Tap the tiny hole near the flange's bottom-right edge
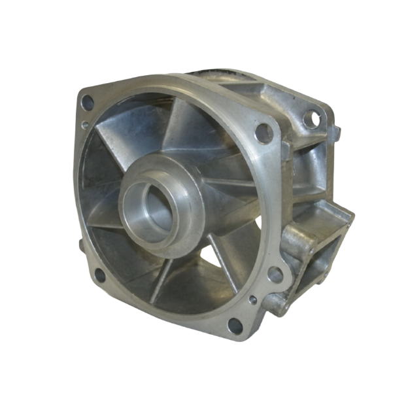tap(252, 301)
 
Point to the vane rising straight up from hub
tap(178, 131)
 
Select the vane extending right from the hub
tap(222, 196)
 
